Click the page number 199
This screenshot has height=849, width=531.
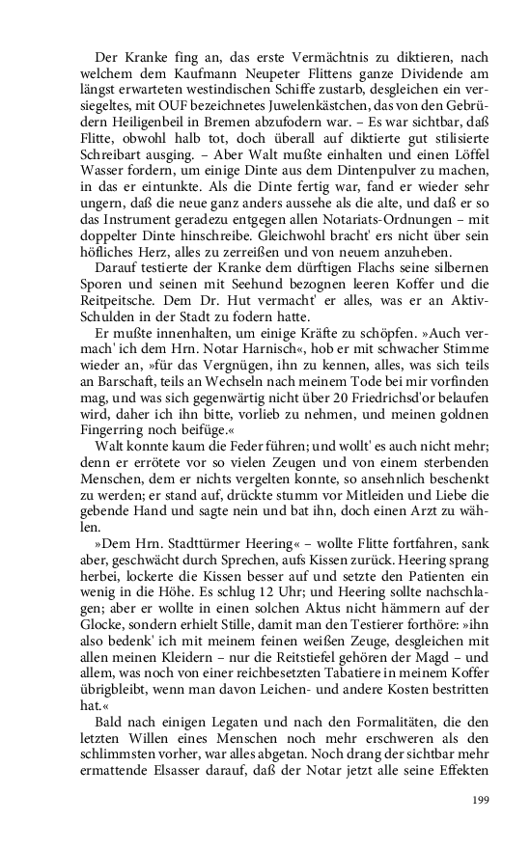tap(482, 800)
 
